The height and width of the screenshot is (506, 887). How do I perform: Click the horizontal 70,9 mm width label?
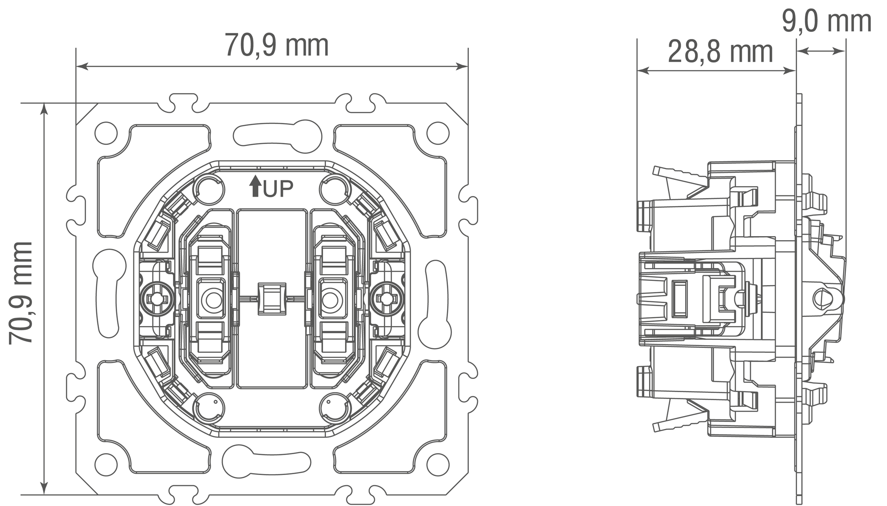pyautogui.click(x=276, y=45)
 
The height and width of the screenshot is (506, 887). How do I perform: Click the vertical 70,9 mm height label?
pyautogui.click(x=21, y=293)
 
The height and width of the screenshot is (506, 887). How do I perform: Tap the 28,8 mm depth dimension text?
pyautogui.click(x=720, y=52)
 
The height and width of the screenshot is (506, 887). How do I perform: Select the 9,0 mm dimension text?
pyautogui.click(x=826, y=21)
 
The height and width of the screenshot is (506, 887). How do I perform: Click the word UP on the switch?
pyautogui.click(x=278, y=189)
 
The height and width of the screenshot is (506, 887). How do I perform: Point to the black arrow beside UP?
pyautogui.click(x=255, y=186)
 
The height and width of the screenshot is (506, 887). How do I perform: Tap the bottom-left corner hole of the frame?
pyautogui.click(x=106, y=464)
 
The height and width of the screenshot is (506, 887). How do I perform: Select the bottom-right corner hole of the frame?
pyautogui.click(x=438, y=464)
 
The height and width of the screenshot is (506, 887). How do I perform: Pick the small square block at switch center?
pyautogui.click(x=272, y=300)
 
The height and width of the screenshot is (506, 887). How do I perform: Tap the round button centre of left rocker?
pyautogui.click(x=212, y=300)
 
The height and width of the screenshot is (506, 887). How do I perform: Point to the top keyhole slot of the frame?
pyautogui.click(x=278, y=135)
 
